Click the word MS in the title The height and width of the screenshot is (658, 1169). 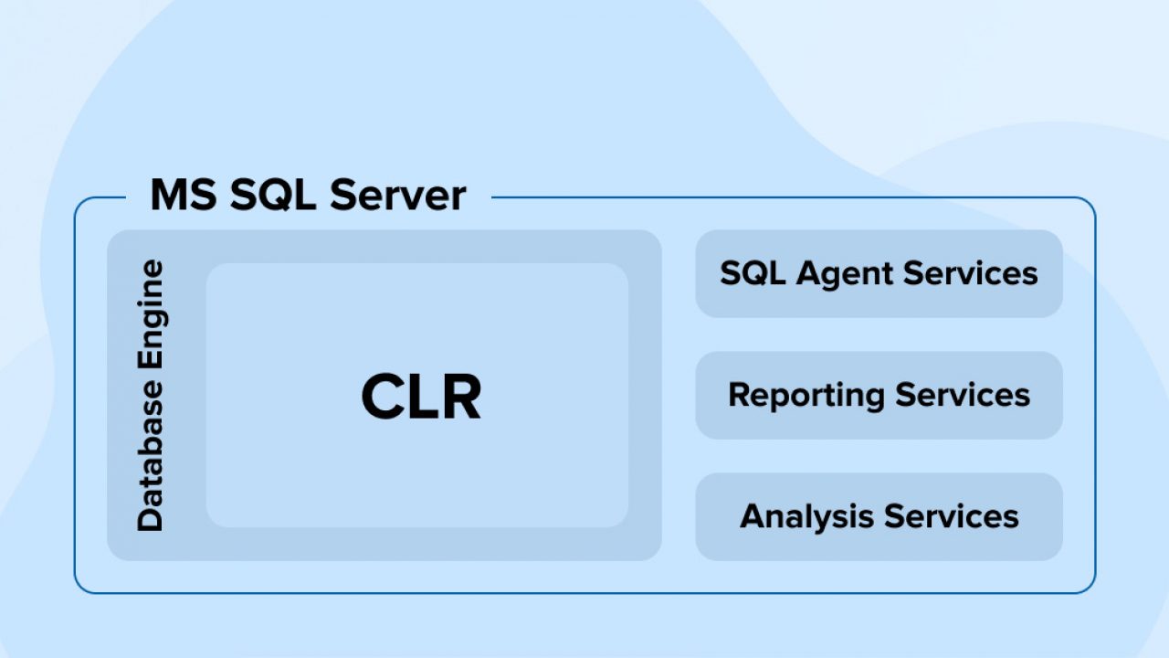184,195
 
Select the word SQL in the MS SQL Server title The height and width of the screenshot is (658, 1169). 273,196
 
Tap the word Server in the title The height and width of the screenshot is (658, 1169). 397,196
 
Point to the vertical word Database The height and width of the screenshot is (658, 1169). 151,456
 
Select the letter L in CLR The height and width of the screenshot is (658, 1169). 423,396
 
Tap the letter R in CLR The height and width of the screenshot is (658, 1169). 460,396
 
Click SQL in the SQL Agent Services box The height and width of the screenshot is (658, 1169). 753,273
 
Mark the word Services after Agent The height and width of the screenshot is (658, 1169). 971,273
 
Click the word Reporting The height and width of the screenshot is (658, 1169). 806,396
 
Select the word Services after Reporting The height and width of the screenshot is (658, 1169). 963,395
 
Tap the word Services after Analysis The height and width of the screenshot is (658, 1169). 952,516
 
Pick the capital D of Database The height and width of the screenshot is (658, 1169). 151,518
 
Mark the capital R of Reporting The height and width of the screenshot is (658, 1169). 740,395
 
